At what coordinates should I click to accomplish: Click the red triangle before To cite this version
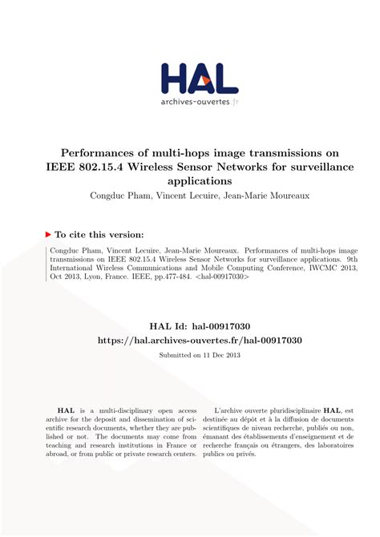[x=48, y=235]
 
